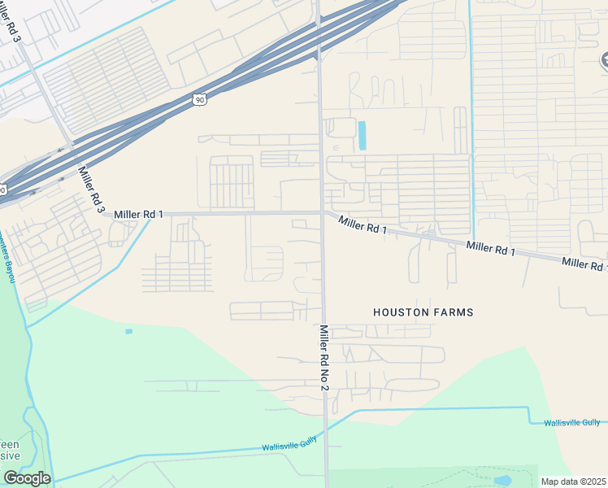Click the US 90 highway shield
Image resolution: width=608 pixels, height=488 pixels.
200,99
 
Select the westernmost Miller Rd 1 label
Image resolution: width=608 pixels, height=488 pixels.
139,214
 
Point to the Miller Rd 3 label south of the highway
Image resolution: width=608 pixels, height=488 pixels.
91,190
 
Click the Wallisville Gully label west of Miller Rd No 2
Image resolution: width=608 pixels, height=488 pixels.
289,447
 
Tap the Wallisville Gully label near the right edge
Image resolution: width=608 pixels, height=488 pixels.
573,422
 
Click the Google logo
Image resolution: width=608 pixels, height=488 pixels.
26,478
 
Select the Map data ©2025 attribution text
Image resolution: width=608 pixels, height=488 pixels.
574,481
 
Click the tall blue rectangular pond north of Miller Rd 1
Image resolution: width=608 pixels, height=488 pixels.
362,135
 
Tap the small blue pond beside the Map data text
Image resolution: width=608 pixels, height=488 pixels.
502,480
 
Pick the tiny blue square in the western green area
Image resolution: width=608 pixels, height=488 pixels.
128,331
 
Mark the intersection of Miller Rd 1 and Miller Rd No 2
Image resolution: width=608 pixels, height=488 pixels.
323,214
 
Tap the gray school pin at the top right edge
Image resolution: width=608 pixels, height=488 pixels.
604,59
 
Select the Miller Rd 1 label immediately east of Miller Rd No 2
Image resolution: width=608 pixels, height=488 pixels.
363,224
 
